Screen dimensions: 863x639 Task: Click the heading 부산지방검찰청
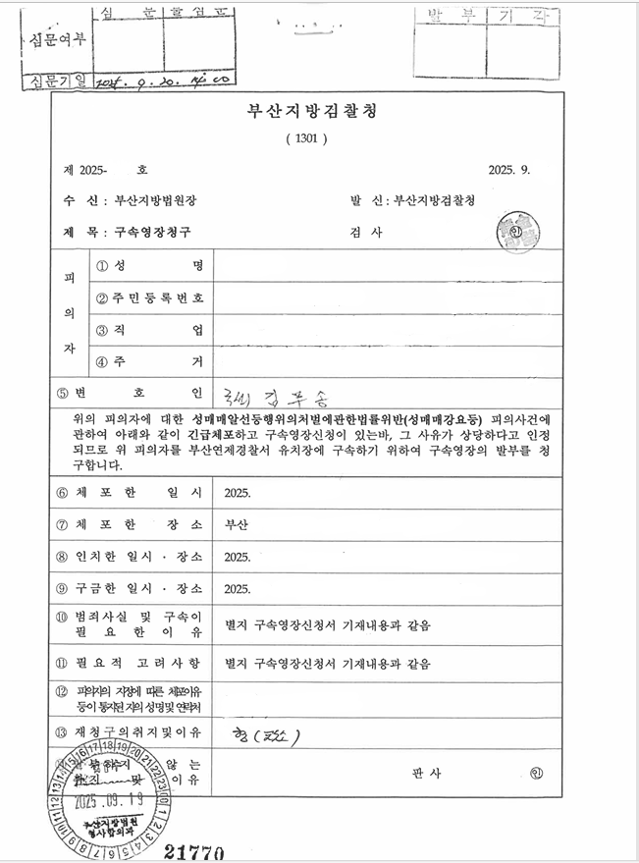tap(312, 111)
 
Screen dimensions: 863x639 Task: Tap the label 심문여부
tap(53, 41)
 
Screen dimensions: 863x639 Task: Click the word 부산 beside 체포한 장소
tap(237, 524)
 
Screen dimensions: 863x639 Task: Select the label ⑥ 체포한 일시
tap(129, 492)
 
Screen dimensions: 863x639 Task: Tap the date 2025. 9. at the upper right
tap(508, 170)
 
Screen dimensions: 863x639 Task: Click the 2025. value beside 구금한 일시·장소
tap(238, 590)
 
